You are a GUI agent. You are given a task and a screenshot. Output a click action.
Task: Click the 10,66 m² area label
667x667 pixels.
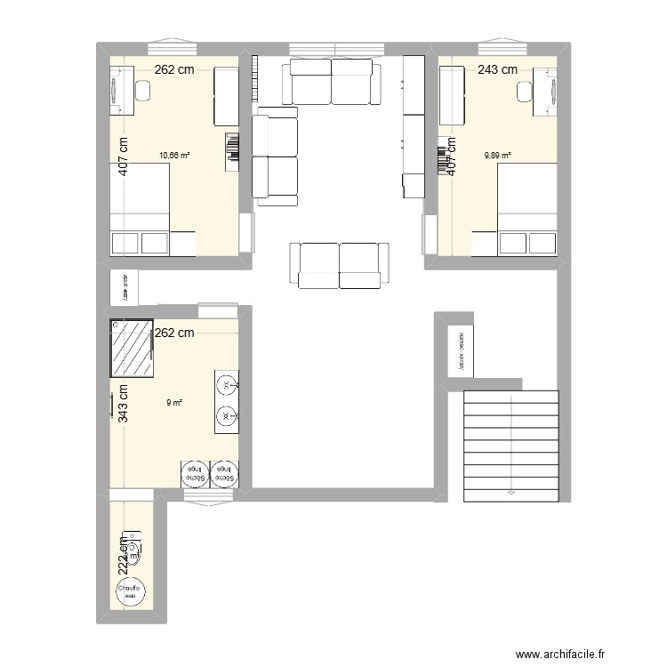(x=174, y=155)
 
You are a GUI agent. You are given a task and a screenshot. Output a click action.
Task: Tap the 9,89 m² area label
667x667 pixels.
(x=497, y=155)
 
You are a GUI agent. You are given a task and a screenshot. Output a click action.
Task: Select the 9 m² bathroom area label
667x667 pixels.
(x=174, y=402)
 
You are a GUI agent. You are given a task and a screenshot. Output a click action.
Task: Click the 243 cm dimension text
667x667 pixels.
(x=497, y=69)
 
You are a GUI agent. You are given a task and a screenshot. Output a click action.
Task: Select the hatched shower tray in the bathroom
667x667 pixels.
(x=132, y=349)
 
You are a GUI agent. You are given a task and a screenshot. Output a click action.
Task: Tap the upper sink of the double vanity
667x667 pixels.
(x=227, y=385)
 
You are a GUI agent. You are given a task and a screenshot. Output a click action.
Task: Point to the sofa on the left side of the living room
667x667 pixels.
(x=275, y=156)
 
